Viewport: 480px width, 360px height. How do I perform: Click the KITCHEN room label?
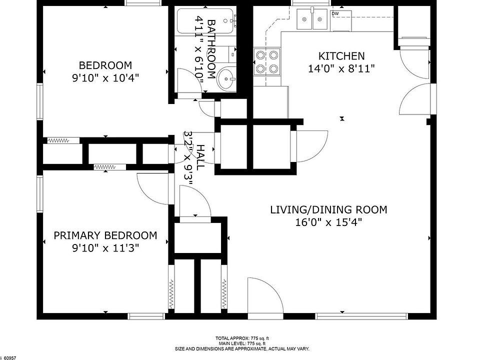pos(341,56)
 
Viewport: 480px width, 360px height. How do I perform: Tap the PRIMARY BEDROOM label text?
pos(105,235)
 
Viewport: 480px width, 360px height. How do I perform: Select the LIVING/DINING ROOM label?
pos(328,209)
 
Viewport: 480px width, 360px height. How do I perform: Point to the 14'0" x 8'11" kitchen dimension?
pos(341,68)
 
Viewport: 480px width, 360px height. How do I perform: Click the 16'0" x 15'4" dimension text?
pos(328,222)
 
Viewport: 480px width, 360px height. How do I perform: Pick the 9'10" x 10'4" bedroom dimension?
pos(105,78)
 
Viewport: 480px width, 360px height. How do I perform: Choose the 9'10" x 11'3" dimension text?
pos(105,248)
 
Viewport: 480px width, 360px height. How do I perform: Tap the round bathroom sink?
pos(226,78)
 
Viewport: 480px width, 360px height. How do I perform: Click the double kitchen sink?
pos(312,19)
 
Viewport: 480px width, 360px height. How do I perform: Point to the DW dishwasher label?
pos(335,13)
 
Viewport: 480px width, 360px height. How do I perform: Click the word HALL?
pos(200,157)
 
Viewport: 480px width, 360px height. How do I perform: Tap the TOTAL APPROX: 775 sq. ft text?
pos(242,338)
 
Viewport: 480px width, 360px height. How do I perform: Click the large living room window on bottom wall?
pos(361,316)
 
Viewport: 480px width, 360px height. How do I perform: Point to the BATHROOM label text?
pos(211,49)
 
